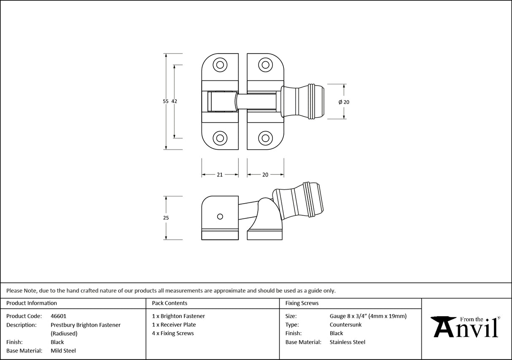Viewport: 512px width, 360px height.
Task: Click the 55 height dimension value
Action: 165,101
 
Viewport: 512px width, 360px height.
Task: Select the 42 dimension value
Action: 174,101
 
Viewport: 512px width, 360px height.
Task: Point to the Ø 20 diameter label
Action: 344,102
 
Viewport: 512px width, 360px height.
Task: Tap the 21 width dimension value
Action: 220,175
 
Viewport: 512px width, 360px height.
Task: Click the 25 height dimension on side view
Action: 165,218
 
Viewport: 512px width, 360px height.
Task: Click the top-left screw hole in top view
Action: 219,64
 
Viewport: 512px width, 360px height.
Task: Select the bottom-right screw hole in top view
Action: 265,137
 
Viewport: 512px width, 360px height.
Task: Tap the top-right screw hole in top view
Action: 265,64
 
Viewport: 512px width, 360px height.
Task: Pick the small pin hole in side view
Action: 219,216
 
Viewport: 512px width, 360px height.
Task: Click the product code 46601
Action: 58,316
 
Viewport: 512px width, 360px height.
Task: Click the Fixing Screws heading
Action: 302,303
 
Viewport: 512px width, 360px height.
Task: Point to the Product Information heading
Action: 32,303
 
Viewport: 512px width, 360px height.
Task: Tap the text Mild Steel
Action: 63,351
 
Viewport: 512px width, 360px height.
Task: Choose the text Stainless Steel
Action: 347,342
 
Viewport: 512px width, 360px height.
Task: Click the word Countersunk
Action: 345,325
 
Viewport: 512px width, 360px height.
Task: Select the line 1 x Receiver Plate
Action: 174,325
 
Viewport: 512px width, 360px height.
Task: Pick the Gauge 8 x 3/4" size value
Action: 368,316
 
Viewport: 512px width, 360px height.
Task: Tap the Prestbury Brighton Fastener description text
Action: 86,325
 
